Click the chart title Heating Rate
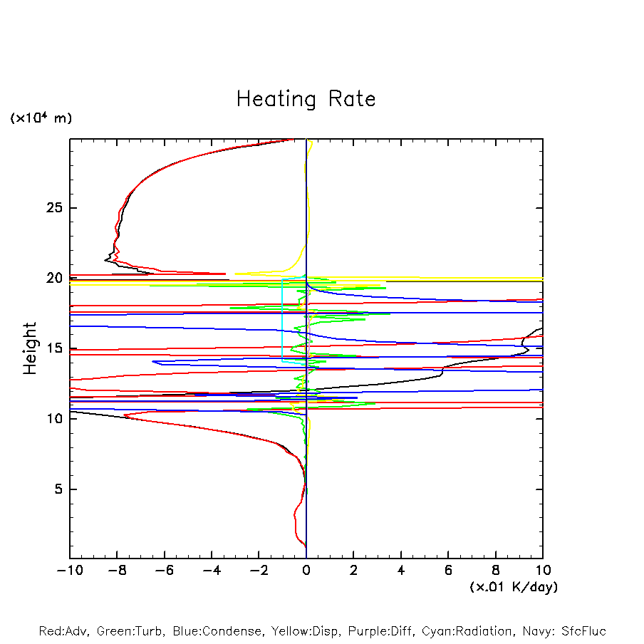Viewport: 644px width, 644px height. coord(306,99)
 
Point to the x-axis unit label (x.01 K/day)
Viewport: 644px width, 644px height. coord(514,587)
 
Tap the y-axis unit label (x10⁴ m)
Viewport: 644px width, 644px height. coord(41,118)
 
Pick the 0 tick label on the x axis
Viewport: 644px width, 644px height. coord(306,570)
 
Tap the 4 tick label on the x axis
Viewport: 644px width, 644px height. coord(401,570)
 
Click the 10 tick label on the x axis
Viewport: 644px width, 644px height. coord(542,570)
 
